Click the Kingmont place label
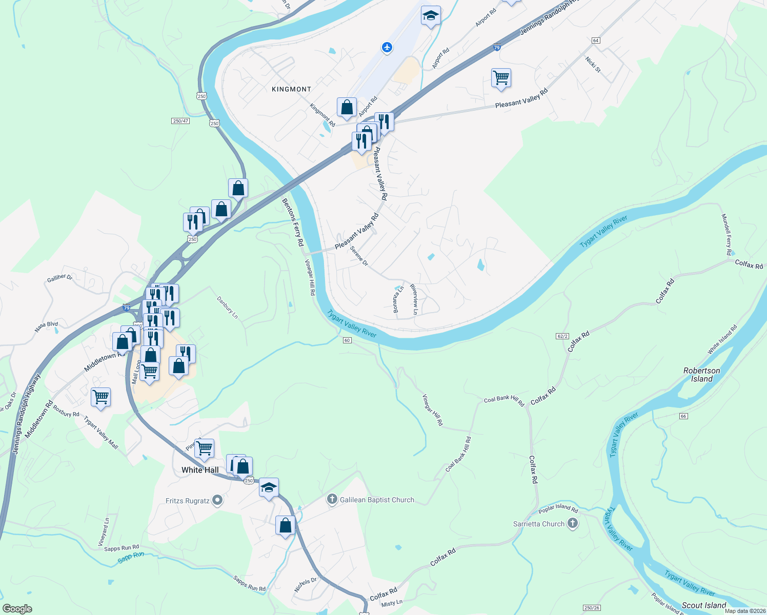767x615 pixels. pos(291,89)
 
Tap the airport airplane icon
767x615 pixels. pos(387,48)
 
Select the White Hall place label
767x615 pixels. pos(200,470)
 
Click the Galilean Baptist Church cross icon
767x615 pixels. pos(332,499)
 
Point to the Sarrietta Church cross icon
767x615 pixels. pos(573,523)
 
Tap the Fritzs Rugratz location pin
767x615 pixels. pos(217,500)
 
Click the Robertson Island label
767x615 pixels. pos(701,375)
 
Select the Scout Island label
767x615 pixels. pos(704,605)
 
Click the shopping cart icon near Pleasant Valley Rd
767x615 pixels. pos(501,78)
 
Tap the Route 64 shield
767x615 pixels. pos(595,40)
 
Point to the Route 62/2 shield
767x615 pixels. pos(562,336)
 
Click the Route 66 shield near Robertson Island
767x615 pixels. pos(683,416)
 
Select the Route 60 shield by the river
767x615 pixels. pos(347,340)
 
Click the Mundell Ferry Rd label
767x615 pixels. pos(726,234)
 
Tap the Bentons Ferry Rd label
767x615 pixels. pos(293,222)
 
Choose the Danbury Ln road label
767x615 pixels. pos(227,307)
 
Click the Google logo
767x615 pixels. pos(17,609)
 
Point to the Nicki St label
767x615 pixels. pos(593,65)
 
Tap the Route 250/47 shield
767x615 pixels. pos(180,121)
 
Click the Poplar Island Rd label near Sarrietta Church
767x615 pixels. pos(558,508)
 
